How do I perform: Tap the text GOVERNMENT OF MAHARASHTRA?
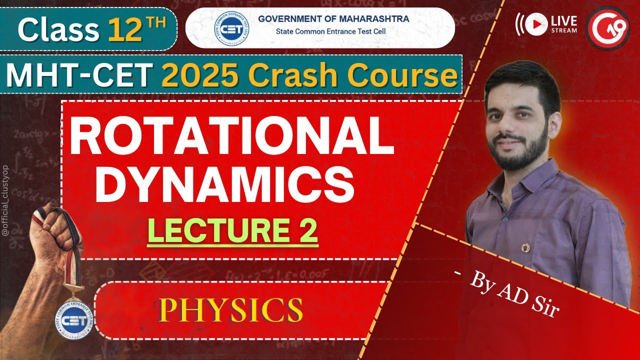(333, 19)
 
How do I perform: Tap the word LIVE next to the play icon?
(564, 20)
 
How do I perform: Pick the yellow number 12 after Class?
(122, 30)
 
